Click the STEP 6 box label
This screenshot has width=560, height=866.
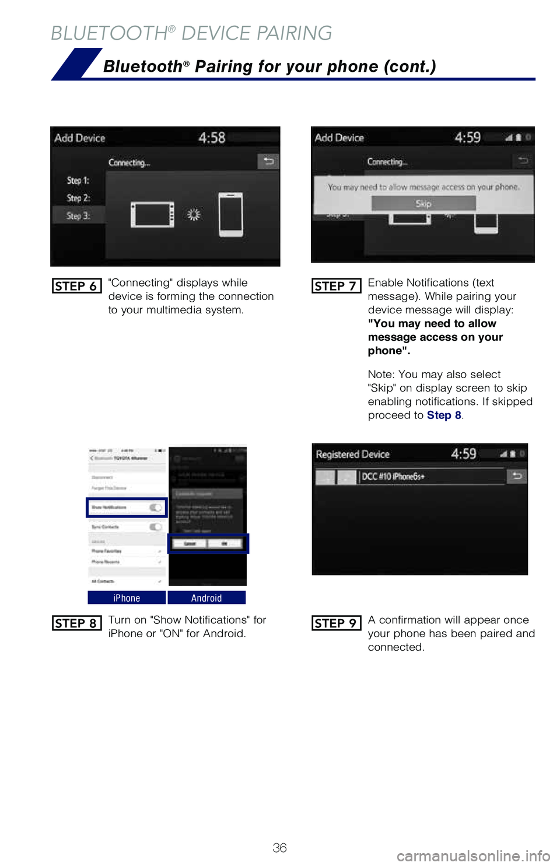pos(76,286)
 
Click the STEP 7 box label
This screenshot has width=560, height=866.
pos(336,286)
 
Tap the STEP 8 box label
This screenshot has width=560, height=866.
pos(76,623)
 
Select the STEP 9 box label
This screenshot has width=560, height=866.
pos(336,623)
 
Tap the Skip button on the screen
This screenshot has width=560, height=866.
pos(423,204)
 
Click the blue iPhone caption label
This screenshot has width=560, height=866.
pos(127,598)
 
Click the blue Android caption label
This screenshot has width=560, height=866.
pos(206,598)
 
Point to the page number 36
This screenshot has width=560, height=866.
pos(280,848)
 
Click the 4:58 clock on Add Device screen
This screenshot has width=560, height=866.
pos(212,138)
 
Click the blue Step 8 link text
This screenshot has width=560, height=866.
pos(444,415)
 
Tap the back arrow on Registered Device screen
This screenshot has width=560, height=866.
pos(517,476)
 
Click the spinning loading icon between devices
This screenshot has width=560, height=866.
pos(194,215)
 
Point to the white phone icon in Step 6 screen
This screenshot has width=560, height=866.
pos(231,215)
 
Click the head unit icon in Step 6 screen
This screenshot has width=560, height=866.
pos(152,215)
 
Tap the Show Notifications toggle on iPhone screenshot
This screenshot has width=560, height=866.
pos(156,508)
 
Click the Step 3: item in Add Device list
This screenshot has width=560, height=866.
pos(78,216)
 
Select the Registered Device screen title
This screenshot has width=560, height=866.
pos(352,455)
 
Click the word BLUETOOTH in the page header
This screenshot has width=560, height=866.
pos(109,33)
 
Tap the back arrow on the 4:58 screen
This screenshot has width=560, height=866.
pos(268,161)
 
